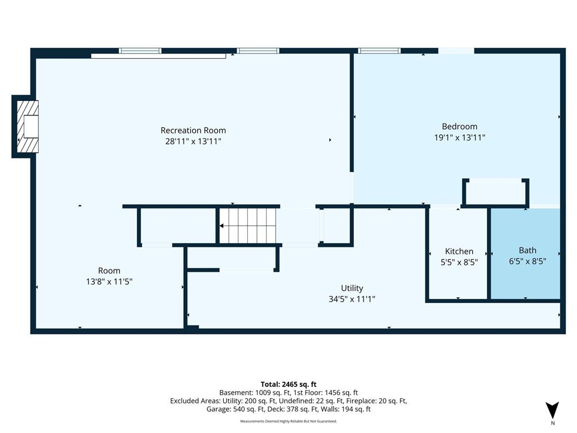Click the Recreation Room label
pyautogui.click(x=193, y=130)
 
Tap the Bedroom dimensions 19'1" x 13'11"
pyautogui.click(x=460, y=138)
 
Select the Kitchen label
pyautogui.click(x=459, y=251)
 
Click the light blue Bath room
pyautogui.click(x=526, y=254)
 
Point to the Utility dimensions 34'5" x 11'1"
pyautogui.click(x=352, y=299)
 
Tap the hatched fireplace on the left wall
pyautogui.click(x=28, y=127)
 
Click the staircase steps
pyautogui.click(x=248, y=226)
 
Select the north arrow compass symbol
pyautogui.click(x=552, y=410)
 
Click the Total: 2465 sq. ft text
pyautogui.click(x=288, y=385)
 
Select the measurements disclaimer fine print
pyautogui.click(x=288, y=421)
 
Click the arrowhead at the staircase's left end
pyautogui.click(x=222, y=226)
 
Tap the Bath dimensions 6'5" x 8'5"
pyautogui.click(x=527, y=262)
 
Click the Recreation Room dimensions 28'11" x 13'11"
pyautogui.click(x=193, y=142)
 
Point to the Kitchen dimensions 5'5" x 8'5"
pyautogui.click(x=459, y=263)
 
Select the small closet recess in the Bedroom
pyautogui.click(x=496, y=192)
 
